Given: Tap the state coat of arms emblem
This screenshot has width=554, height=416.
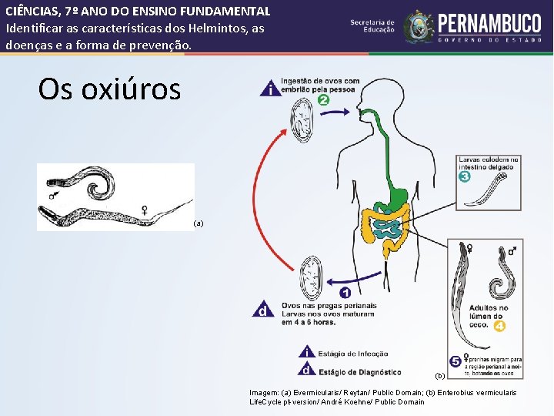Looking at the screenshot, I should [419, 26].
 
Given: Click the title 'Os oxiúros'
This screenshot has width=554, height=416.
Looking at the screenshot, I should [109, 89].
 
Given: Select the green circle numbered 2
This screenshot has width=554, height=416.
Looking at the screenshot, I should [324, 100].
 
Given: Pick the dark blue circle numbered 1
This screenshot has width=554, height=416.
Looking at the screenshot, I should [345, 293].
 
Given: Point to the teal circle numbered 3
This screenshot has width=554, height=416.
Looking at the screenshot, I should [464, 176].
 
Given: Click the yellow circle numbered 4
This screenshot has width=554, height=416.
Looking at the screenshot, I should [499, 326].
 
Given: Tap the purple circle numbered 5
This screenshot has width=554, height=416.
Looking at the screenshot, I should [456, 360].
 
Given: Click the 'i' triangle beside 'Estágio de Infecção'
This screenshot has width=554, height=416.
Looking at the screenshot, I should [307, 354].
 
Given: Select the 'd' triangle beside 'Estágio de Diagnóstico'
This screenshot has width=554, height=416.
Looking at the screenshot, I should [307, 371].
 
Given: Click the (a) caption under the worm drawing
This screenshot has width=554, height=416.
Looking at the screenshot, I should [199, 223].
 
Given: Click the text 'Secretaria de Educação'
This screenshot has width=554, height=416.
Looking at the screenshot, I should [372, 26].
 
